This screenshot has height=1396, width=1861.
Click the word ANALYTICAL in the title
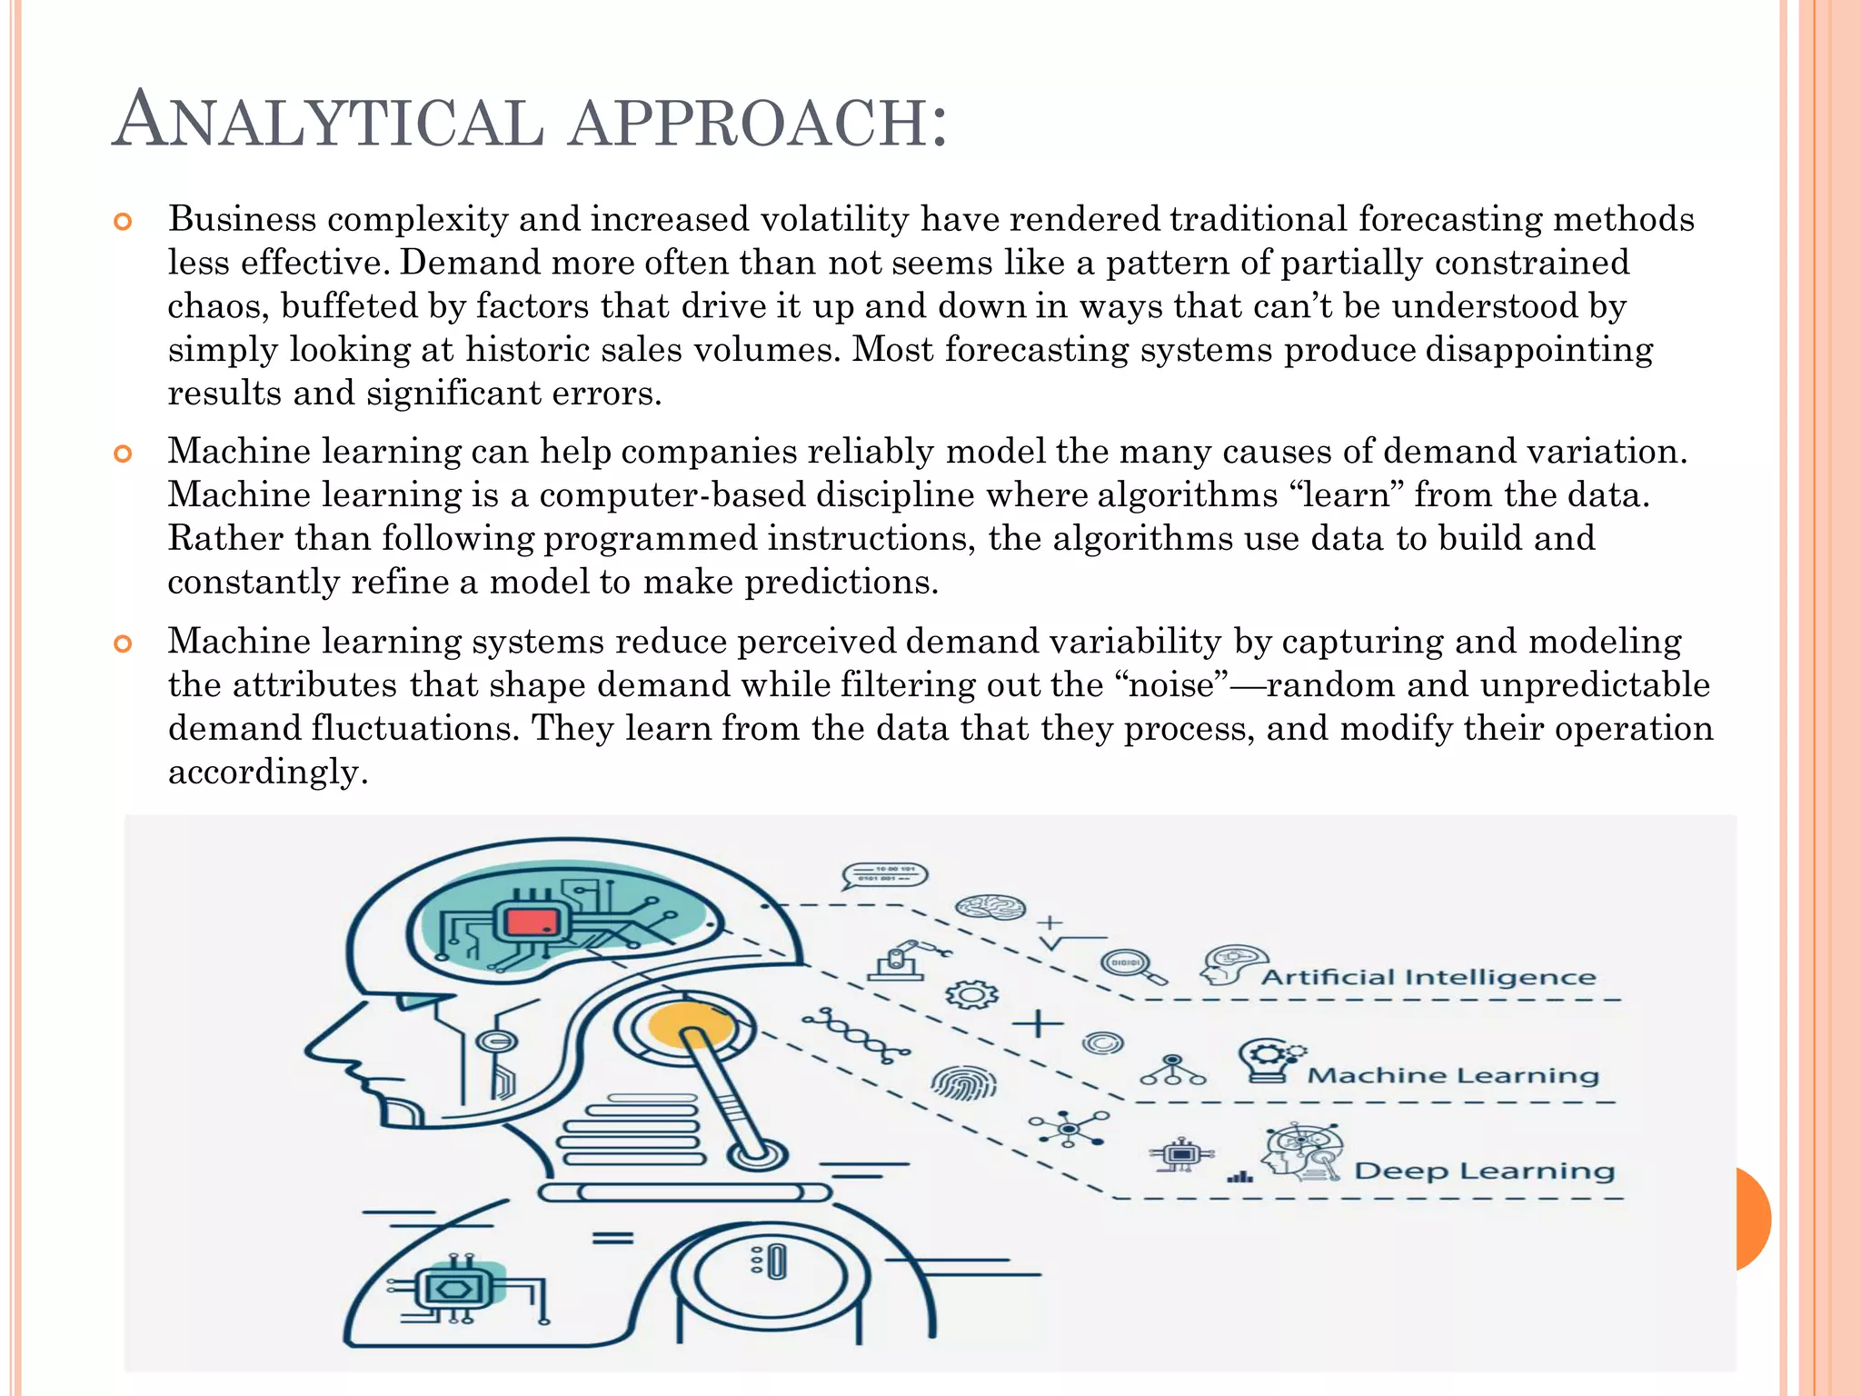pyautogui.click(x=328, y=121)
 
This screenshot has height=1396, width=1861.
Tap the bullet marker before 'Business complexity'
pyautogui.click(x=123, y=222)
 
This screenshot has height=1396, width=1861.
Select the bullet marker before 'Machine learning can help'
pyautogui.click(x=123, y=454)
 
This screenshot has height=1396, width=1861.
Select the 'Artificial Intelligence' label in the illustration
pyautogui.click(x=1428, y=978)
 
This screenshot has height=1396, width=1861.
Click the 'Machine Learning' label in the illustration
pyautogui.click(x=1452, y=1076)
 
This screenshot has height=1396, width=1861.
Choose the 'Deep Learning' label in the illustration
pyautogui.click(x=1484, y=1171)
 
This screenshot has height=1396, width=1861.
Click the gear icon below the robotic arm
pyautogui.click(x=971, y=995)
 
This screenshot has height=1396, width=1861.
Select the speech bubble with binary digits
pyautogui.click(x=885, y=875)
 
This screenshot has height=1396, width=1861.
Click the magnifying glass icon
pyautogui.click(x=1132, y=966)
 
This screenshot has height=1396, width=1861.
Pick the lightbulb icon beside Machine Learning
pyautogui.click(x=1269, y=1060)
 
